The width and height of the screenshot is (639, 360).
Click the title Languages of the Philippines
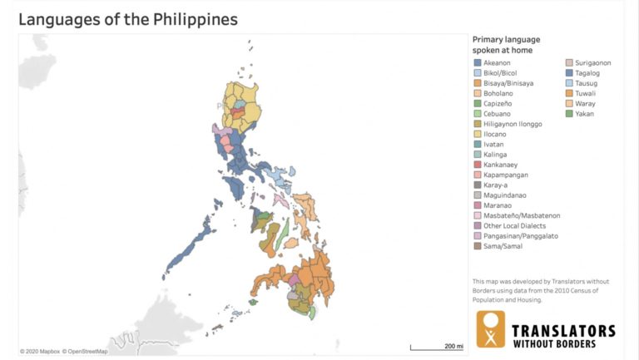[x=128, y=18]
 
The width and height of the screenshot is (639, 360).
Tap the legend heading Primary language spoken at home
[x=507, y=44]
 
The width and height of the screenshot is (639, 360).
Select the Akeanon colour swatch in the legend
[x=477, y=62]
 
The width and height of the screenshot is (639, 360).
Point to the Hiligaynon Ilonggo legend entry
[x=513, y=124]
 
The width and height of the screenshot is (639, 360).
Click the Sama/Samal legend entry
[x=502, y=246]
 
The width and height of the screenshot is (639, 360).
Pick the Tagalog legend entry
[x=587, y=73]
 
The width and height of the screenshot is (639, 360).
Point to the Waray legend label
[x=585, y=103]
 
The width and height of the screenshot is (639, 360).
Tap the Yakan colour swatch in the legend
[x=568, y=114]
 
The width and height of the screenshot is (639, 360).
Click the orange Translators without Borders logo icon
[x=491, y=329]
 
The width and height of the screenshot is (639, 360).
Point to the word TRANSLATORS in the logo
[x=564, y=331]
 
